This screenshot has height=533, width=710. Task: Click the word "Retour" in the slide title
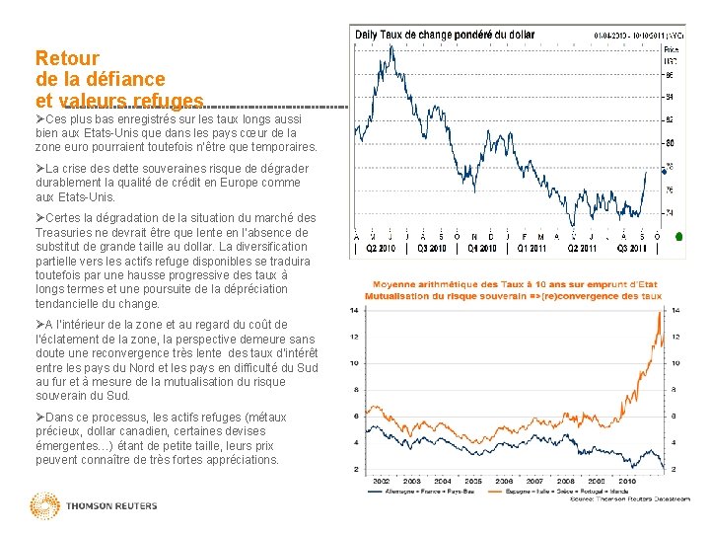click(66, 58)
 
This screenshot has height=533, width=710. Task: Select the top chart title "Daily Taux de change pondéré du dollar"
click(445, 34)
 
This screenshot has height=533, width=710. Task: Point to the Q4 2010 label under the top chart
click(481, 249)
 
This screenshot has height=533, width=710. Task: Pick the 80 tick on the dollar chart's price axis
click(671, 143)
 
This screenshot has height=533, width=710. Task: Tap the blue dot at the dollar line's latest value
click(646, 172)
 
